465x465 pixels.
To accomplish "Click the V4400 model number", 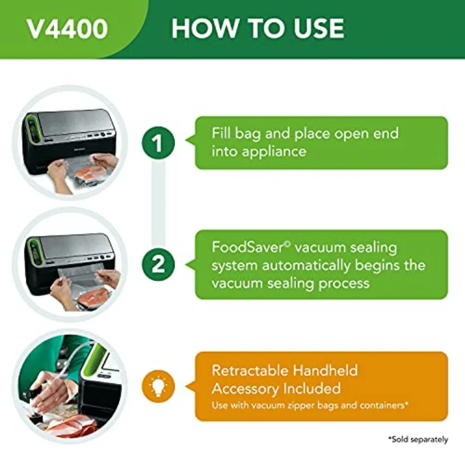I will click(x=67, y=29).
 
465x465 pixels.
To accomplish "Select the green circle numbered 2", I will click(x=159, y=265).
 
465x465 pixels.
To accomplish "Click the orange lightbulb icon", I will click(x=159, y=386).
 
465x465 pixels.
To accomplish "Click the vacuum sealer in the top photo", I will click(x=70, y=129).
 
